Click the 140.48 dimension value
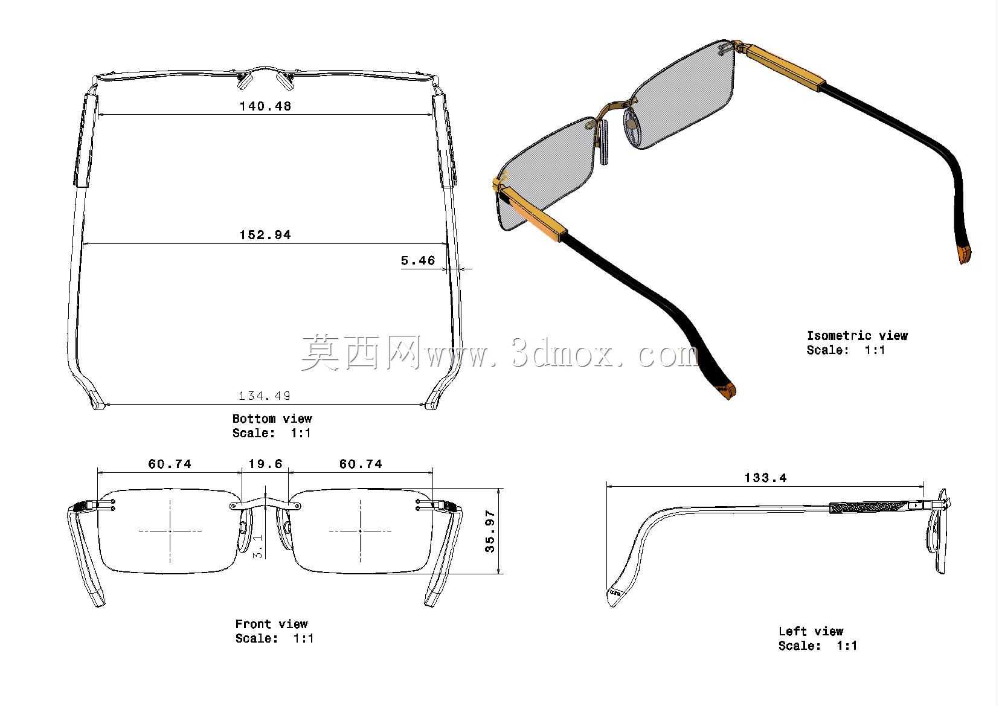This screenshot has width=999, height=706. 265,106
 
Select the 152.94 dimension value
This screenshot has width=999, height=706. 265,235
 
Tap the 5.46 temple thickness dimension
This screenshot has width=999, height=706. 418,260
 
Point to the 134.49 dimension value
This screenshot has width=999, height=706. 265,396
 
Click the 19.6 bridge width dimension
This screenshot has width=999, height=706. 265,464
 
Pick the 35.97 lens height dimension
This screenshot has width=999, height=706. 490,531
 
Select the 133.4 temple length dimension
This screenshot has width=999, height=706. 766,478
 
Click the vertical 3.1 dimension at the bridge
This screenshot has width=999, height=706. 258,547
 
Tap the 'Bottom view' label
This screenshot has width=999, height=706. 272,419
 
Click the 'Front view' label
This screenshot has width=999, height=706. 272,624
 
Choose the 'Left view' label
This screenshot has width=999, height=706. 811,631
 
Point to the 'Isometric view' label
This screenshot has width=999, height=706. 857,335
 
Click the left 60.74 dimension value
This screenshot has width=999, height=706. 170,464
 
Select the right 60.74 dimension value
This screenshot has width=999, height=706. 361,464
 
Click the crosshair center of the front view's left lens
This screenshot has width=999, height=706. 170,531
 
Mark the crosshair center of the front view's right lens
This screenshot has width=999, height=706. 361,531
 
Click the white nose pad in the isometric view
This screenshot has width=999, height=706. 603,143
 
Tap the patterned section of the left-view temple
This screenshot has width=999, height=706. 868,507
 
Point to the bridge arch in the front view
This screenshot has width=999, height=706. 265,503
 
